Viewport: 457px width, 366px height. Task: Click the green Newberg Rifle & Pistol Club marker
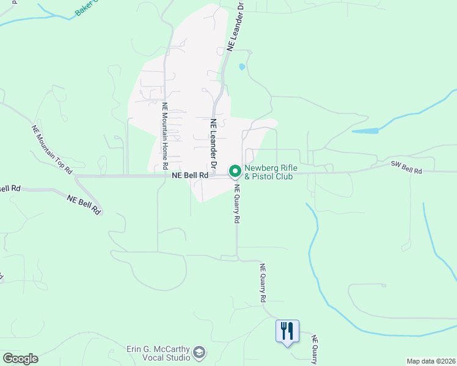(234, 171)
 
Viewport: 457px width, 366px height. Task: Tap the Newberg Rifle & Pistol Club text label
(269, 173)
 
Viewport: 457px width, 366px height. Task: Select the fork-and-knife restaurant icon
(287, 331)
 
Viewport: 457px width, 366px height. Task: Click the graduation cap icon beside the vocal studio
(199, 353)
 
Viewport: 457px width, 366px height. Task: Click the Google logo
(20, 358)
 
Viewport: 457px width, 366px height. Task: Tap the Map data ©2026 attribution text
(431, 361)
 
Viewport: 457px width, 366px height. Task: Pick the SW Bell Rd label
(406, 168)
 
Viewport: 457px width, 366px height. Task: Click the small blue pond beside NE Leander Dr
(243, 66)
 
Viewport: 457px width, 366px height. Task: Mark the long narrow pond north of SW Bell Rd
(365, 131)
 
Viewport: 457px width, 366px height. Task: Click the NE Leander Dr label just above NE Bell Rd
(214, 143)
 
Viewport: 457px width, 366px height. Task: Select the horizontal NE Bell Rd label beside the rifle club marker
(191, 174)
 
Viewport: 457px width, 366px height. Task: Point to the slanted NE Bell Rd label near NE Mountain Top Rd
(84, 204)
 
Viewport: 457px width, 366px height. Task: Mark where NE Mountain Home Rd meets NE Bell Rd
(165, 176)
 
